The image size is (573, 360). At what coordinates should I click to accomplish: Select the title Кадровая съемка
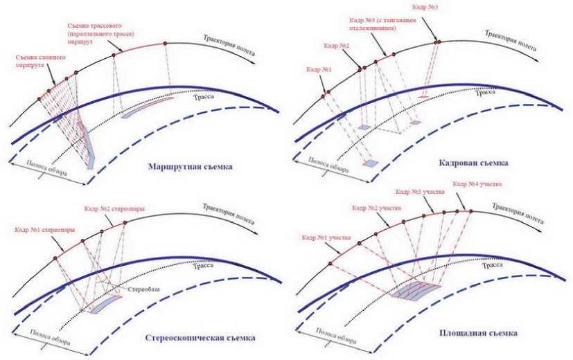coord(474,163)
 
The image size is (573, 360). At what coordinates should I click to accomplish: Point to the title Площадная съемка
coord(478,334)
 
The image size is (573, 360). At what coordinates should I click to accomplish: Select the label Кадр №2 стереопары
coord(118,208)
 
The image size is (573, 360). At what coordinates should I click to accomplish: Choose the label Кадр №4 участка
coord(476,184)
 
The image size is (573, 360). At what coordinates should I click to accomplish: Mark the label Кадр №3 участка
coord(419,191)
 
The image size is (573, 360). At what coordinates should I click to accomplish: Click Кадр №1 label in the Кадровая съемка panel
coord(317,70)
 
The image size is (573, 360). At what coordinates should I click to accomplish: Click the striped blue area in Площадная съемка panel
coord(416,290)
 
